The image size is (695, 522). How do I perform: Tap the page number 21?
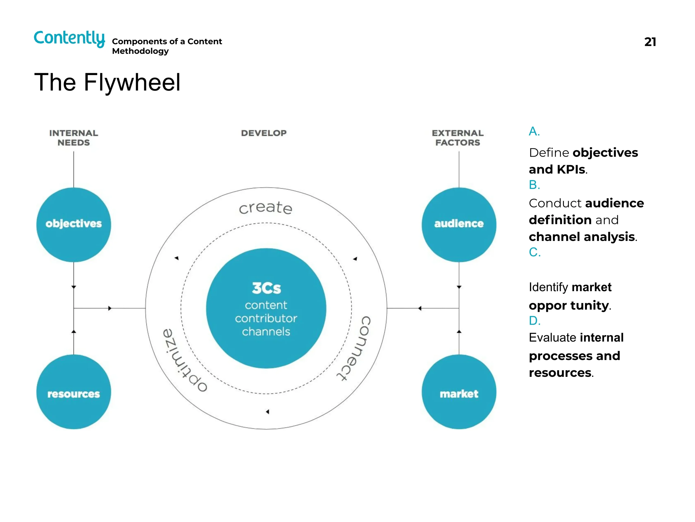click(x=650, y=42)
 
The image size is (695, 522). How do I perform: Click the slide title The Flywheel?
click(x=107, y=82)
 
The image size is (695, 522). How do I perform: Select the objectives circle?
click(x=74, y=224)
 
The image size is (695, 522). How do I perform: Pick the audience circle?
click(x=459, y=224)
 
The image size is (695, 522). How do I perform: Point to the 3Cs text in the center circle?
click(x=266, y=288)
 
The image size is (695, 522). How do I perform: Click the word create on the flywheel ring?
click(x=266, y=208)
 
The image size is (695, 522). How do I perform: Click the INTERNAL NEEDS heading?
click(x=74, y=138)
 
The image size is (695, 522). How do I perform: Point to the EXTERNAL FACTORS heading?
click(x=457, y=138)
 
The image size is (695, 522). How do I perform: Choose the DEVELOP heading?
click(x=264, y=133)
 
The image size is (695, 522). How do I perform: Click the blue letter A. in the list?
click(x=534, y=131)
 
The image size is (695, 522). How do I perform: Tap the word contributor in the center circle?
click(x=266, y=318)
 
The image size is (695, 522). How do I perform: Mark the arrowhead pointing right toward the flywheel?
click(x=110, y=308)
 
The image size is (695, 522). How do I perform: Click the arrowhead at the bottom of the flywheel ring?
click(x=267, y=412)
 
